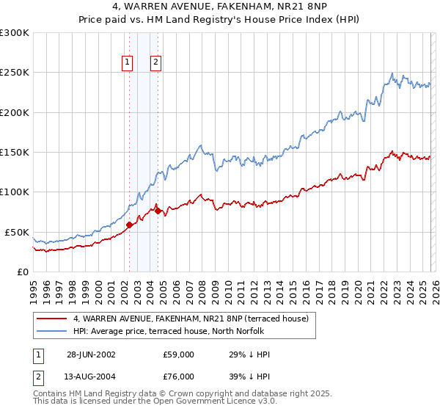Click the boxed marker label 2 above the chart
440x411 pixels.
pos(156,63)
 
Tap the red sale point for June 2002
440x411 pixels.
pos(130,225)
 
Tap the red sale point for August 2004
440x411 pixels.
pos(158,211)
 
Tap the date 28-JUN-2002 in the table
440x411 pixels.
pos(91,354)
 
